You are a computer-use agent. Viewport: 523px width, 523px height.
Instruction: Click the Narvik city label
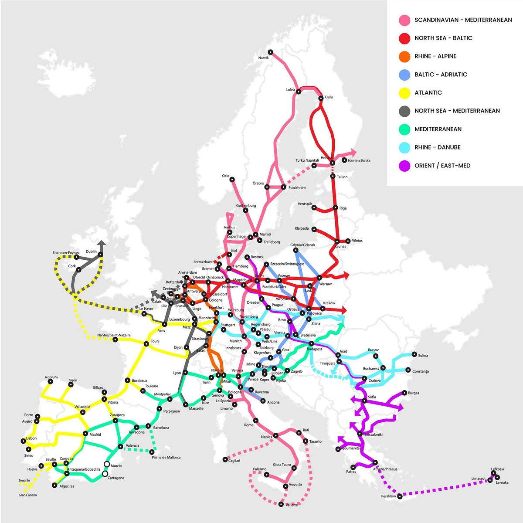(263, 58)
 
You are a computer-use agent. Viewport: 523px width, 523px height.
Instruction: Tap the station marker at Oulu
(321, 98)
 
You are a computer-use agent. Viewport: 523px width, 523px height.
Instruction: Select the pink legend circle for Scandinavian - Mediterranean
(404, 20)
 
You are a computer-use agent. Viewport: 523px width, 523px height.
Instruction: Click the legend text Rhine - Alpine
(435, 56)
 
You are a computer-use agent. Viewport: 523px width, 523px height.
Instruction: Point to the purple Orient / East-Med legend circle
(404, 166)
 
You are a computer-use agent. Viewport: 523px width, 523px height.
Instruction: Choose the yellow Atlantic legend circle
(404, 93)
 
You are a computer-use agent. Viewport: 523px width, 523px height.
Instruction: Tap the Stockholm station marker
(284, 187)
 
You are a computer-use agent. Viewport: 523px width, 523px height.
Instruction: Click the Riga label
(343, 208)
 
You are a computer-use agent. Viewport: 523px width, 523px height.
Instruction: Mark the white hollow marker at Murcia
(107, 464)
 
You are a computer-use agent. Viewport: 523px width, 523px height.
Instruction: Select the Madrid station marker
(86, 434)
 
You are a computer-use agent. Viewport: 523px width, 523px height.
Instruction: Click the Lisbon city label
(31, 438)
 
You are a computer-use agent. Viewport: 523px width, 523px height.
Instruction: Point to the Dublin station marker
(101, 255)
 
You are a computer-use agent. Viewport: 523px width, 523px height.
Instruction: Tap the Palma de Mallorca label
(166, 458)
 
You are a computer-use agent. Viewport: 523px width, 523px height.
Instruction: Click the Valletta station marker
(281, 504)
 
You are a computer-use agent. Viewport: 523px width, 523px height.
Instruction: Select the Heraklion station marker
(400, 496)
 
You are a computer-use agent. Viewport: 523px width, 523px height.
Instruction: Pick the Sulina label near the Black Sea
(423, 356)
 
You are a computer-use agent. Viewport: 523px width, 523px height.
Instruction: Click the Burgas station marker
(404, 393)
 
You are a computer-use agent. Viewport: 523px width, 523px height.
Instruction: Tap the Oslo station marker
(232, 180)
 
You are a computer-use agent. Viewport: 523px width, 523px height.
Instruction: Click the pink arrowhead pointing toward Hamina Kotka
(352, 152)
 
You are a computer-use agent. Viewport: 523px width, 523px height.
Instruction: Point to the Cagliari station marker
(225, 459)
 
